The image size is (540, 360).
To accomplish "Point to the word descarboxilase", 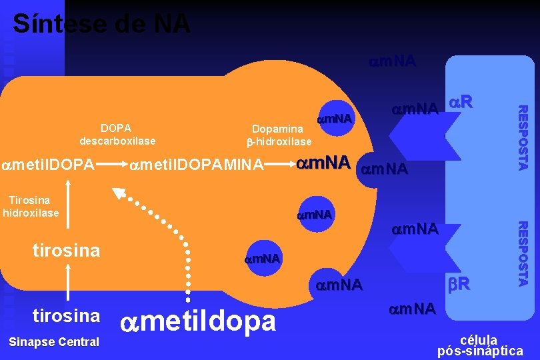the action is pos(117,141).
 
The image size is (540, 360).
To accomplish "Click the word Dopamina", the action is pos(277,129).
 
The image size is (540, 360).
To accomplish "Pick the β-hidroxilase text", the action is pos(279,141).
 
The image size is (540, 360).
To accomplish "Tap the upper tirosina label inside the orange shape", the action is pos(67,251).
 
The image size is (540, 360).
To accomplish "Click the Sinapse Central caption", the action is pos(54,342).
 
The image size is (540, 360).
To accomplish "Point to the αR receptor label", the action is pos(460,102).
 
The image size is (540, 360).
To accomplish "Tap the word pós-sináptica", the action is pos(480,351).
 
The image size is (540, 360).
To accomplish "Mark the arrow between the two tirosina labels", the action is pos(67,282).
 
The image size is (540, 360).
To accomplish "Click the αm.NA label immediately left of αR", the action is pos(415,108).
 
